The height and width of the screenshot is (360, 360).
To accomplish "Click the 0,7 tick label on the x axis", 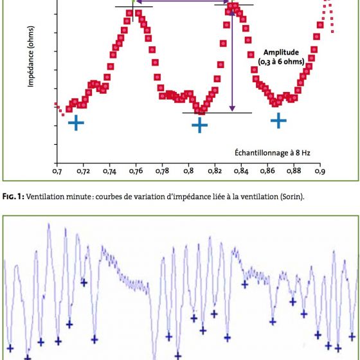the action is [x=57, y=171].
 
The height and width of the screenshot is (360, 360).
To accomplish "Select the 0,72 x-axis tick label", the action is [x=83, y=171].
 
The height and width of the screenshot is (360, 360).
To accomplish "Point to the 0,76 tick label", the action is [x=136, y=171].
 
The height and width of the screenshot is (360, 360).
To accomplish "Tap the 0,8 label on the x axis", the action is [x=188, y=171].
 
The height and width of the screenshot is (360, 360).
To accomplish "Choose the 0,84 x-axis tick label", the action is [x=241, y=171].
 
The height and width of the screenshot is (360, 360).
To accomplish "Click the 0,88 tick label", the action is [x=294, y=171].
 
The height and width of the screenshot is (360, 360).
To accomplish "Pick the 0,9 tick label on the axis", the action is [x=320, y=171].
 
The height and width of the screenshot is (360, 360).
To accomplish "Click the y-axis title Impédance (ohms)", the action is [x=31, y=57].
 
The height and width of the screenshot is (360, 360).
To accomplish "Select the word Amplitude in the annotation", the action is [x=281, y=52].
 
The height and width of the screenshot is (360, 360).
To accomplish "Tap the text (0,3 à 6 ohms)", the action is [x=281, y=62].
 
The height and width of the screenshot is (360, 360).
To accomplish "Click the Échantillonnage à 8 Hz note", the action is [x=273, y=153].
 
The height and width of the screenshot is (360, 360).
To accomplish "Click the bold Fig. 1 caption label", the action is [x=14, y=197].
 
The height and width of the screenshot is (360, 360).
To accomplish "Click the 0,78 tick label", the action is [x=162, y=171].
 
